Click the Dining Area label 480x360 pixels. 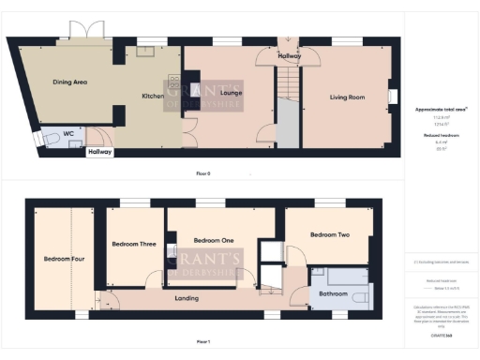pyautogui.click(x=70, y=82)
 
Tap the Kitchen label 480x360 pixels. pyautogui.click(x=153, y=97)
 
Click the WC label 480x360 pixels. pyautogui.click(x=68, y=134)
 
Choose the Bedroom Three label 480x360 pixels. pyautogui.click(x=133, y=244)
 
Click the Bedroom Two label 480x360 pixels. pyautogui.click(x=330, y=234)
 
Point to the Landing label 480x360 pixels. pyautogui.click(x=187, y=298)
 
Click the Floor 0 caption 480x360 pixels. pyautogui.click(x=202, y=174)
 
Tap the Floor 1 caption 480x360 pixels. pyautogui.click(x=202, y=342)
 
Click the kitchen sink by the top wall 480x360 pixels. pyautogui.click(x=145, y=52)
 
